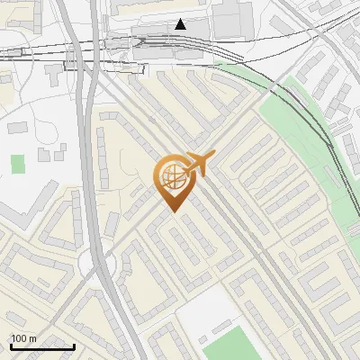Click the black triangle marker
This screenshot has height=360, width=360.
(181, 24)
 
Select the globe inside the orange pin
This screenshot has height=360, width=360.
(171, 175)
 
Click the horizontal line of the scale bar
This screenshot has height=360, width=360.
(41, 346)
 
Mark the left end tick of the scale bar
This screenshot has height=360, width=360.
(10, 345)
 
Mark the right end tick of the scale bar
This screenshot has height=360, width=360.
(74, 345)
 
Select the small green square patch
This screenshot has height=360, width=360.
(18, 164)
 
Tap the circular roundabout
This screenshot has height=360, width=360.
(97, 263)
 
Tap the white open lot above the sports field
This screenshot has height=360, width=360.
(202, 310)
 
